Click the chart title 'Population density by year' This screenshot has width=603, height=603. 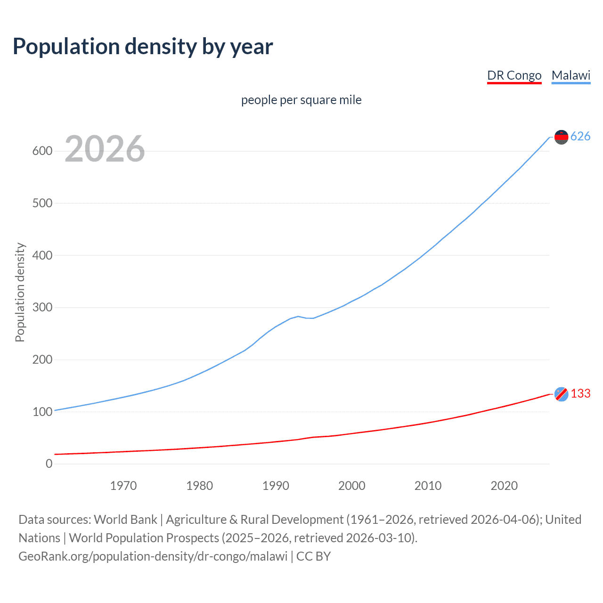coord(143,47)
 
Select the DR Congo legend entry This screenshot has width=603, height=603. coord(514,75)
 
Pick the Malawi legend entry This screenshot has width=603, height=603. coord(570,75)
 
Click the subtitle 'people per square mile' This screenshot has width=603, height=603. coord(301,100)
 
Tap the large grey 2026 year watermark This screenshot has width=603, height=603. coord(105,149)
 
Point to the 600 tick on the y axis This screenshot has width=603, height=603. coord(42,151)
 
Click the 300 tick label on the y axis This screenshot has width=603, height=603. coord(42,308)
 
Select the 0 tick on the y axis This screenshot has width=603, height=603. coord(49,464)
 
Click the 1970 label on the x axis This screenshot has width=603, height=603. coord(123,486)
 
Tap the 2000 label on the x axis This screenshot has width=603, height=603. coord(351,486)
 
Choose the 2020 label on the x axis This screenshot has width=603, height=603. coord(504,486)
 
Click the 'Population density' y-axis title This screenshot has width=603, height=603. coord(20,292)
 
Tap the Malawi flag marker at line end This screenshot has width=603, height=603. coord(561,137)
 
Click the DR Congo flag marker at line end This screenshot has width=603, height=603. coord(561,394)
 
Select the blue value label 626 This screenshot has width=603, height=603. coord(580,137)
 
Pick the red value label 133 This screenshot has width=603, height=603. coord(580,393)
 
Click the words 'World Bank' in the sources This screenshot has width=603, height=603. coord(125,520)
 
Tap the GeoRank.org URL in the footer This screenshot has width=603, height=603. coord(153,556)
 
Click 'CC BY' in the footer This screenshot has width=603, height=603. coord(313,556)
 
